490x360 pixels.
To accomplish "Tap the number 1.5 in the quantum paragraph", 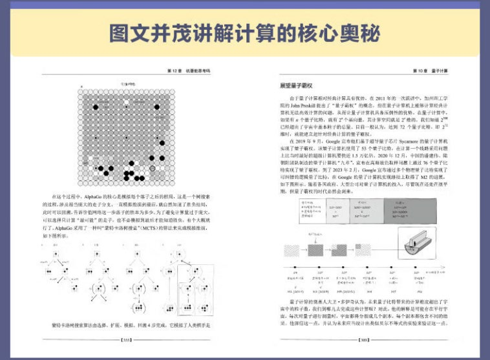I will pos(378,154).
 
